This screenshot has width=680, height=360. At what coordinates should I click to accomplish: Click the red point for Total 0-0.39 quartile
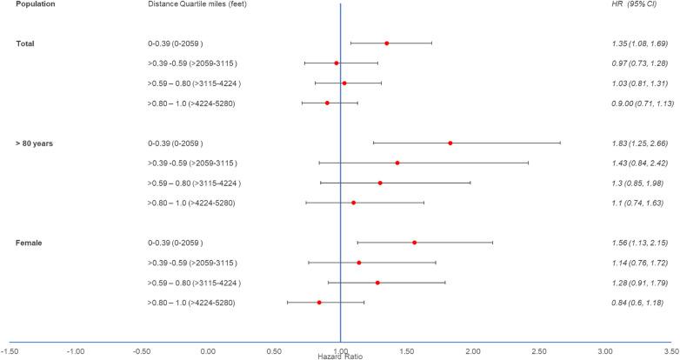point(387,43)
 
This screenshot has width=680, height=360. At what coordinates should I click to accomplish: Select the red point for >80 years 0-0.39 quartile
point(450,143)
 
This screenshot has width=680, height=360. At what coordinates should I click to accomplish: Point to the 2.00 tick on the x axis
point(473,350)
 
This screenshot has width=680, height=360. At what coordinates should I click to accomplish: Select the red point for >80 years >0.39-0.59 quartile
point(397,163)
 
